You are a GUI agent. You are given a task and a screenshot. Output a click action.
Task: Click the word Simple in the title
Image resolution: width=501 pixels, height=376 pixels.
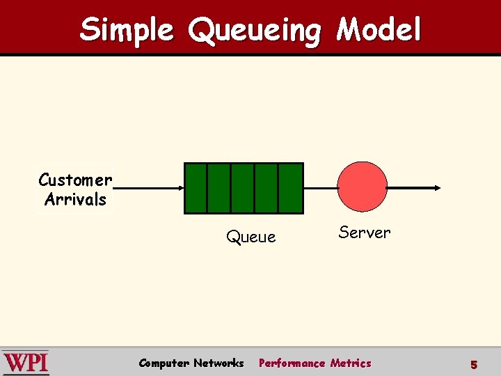pos(127,30)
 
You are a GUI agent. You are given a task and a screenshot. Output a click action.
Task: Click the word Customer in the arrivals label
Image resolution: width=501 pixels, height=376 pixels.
pos(75,180)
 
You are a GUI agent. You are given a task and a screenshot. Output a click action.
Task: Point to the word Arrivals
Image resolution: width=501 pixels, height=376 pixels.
pos(75,200)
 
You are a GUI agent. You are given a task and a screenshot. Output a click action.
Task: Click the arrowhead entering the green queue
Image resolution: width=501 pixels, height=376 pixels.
pos(180,188)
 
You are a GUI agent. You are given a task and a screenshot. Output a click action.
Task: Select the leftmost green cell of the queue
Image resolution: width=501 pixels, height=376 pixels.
pos(196,188)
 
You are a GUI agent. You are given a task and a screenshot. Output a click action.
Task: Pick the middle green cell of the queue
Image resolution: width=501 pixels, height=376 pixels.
pos(243,188)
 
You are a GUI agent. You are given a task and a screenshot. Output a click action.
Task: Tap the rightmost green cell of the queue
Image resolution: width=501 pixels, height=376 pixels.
pos(290,188)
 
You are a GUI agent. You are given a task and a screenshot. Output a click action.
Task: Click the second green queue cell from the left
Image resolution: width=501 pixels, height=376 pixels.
pos(219,188)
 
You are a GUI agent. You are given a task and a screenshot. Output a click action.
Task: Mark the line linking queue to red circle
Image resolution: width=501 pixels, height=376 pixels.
pos(320,188)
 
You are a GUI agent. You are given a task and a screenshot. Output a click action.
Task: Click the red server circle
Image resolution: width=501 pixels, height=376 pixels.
pos(362,186)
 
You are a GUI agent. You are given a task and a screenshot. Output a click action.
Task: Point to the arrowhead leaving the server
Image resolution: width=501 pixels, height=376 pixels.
pos(436,188)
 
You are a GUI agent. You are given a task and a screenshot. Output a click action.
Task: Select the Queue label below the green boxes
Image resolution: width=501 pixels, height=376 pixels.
pos(250,237)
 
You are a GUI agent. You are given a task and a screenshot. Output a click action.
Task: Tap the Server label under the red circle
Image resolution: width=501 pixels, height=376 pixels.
pos(365,233)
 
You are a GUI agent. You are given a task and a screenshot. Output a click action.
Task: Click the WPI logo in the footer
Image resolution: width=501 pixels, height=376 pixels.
pos(26,363)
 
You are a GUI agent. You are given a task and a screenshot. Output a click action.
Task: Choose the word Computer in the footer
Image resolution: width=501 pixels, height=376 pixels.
pos(164,363)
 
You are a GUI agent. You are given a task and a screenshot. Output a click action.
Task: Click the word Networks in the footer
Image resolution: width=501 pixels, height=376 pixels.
pos(218,363)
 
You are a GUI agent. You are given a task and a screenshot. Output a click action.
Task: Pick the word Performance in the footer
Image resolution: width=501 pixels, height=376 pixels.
pos(292,363)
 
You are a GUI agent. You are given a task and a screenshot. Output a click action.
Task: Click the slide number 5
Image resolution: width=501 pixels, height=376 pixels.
pos(473,364)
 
